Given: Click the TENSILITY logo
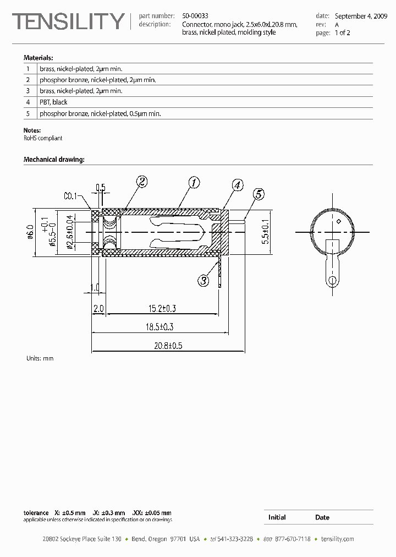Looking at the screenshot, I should pos(69,21).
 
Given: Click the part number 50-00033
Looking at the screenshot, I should pos(195,16).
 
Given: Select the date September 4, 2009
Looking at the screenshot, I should pos(361,16).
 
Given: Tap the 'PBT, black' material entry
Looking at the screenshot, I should pos(53,102).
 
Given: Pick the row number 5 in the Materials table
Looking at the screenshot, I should pos(28,113).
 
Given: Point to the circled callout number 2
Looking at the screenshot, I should pos(142,181).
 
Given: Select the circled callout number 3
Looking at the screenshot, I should pos(204,281).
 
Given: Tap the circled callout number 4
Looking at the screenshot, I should pos(237,185).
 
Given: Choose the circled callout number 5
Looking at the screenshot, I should pos(258,194).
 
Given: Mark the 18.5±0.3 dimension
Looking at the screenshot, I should pos(160,327).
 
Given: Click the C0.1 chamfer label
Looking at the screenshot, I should pos(71,195).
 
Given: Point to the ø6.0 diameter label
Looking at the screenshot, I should pos(30,232).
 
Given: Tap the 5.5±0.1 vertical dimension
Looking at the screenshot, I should pos(266,231).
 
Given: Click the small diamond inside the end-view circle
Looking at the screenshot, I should pos(339,221).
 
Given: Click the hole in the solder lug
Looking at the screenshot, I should pos(332,281).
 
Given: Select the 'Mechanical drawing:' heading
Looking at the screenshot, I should pos(54,160).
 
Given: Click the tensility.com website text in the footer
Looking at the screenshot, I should pos(337,539).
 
